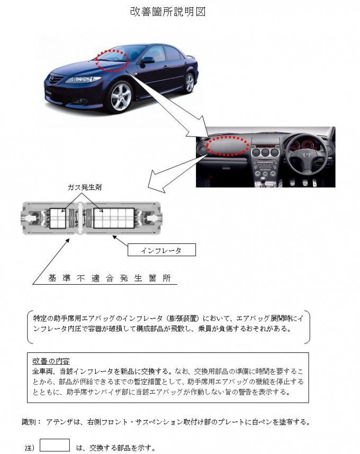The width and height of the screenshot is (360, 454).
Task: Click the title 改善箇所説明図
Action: (x=167, y=12)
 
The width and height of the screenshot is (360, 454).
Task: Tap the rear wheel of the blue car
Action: (x=189, y=82)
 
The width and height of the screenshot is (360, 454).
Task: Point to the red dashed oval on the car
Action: (x=112, y=58)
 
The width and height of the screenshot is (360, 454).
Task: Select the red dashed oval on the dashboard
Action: (x=228, y=144)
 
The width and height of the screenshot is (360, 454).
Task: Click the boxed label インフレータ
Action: (x=161, y=250)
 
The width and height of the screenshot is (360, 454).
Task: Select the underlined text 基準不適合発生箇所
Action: (x=109, y=278)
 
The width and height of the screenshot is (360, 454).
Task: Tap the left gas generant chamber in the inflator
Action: (x=57, y=218)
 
